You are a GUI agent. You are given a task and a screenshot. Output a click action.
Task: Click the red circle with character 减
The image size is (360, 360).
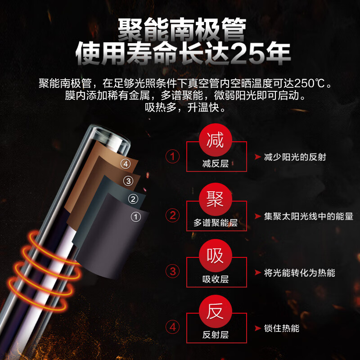[x=216, y=140]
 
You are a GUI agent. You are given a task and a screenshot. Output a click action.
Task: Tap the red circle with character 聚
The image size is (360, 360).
[x=216, y=199]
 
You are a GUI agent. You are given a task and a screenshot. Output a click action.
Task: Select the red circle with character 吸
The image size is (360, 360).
[x=216, y=255]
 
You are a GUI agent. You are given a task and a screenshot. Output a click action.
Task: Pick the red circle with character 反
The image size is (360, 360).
[x=216, y=311]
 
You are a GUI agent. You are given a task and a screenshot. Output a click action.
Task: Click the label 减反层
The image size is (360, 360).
[x=216, y=164]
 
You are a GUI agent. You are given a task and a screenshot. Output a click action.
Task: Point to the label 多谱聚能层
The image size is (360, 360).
[x=216, y=223]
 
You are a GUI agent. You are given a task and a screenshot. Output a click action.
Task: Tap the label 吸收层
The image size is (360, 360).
[x=216, y=279]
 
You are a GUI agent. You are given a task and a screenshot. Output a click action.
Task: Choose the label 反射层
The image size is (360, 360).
[x=216, y=335]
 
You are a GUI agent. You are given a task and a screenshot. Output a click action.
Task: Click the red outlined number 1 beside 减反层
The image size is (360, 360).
[x=172, y=157]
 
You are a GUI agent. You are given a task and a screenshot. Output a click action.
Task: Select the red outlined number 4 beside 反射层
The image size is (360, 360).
[x=173, y=327]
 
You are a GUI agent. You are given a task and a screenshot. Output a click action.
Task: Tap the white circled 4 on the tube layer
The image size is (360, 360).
[x=126, y=164]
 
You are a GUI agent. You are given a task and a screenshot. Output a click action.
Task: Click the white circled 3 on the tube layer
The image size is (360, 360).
[x=128, y=181]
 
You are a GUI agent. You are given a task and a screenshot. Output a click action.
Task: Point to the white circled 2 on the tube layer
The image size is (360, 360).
[x=133, y=199]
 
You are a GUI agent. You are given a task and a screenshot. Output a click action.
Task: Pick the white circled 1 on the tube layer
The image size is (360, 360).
[x=136, y=217]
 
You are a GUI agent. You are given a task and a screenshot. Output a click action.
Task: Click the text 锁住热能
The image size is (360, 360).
[x=282, y=328]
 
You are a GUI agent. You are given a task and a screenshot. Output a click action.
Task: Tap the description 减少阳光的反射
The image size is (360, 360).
[x=295, y=157]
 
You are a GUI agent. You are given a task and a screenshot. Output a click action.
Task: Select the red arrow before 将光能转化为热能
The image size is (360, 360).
[x=258, y=273]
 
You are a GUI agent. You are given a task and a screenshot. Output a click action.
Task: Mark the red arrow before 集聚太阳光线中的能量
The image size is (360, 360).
[x=258, y=216]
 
